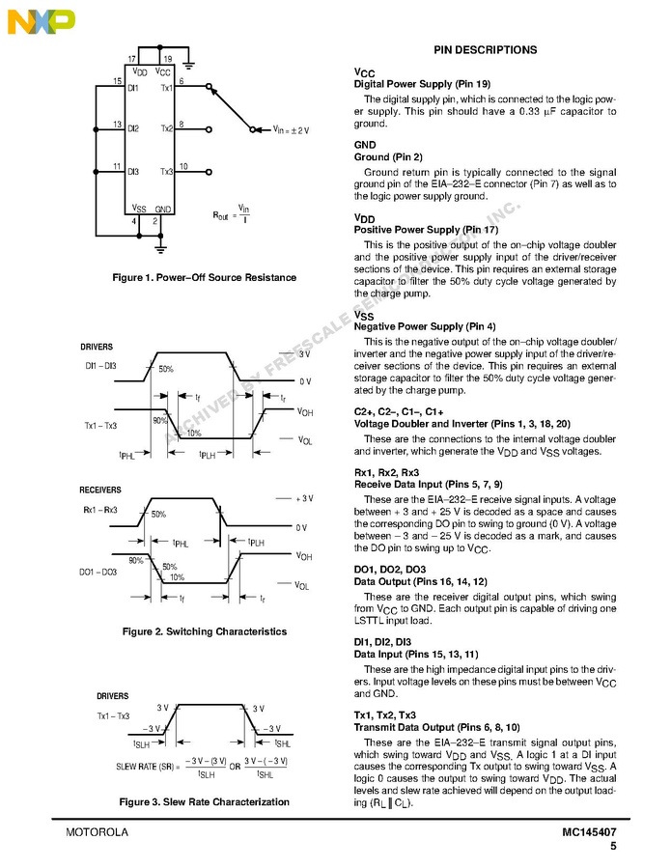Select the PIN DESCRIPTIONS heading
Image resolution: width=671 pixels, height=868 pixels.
[485, 49]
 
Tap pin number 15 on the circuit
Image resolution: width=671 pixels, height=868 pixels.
[118, 80]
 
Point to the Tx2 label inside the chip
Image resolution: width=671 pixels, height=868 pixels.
[167, 128]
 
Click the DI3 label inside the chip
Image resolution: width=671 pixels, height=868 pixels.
[133, 171]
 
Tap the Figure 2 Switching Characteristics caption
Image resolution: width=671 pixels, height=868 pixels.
[205, 631]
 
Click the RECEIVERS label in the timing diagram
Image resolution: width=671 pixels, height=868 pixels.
[100, 490]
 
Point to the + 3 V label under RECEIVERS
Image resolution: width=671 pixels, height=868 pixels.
[304, 497]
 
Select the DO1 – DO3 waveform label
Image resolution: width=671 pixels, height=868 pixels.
[98, 572]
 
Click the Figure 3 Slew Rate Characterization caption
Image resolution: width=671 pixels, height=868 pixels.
[204, 801]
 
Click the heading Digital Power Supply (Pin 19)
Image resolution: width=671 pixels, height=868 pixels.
[423, 84]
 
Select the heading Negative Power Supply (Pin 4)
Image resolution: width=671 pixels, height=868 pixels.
[425, 326]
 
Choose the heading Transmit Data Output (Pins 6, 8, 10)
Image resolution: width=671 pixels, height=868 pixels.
[437, 727]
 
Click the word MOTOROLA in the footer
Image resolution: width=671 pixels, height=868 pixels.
[98, 832]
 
